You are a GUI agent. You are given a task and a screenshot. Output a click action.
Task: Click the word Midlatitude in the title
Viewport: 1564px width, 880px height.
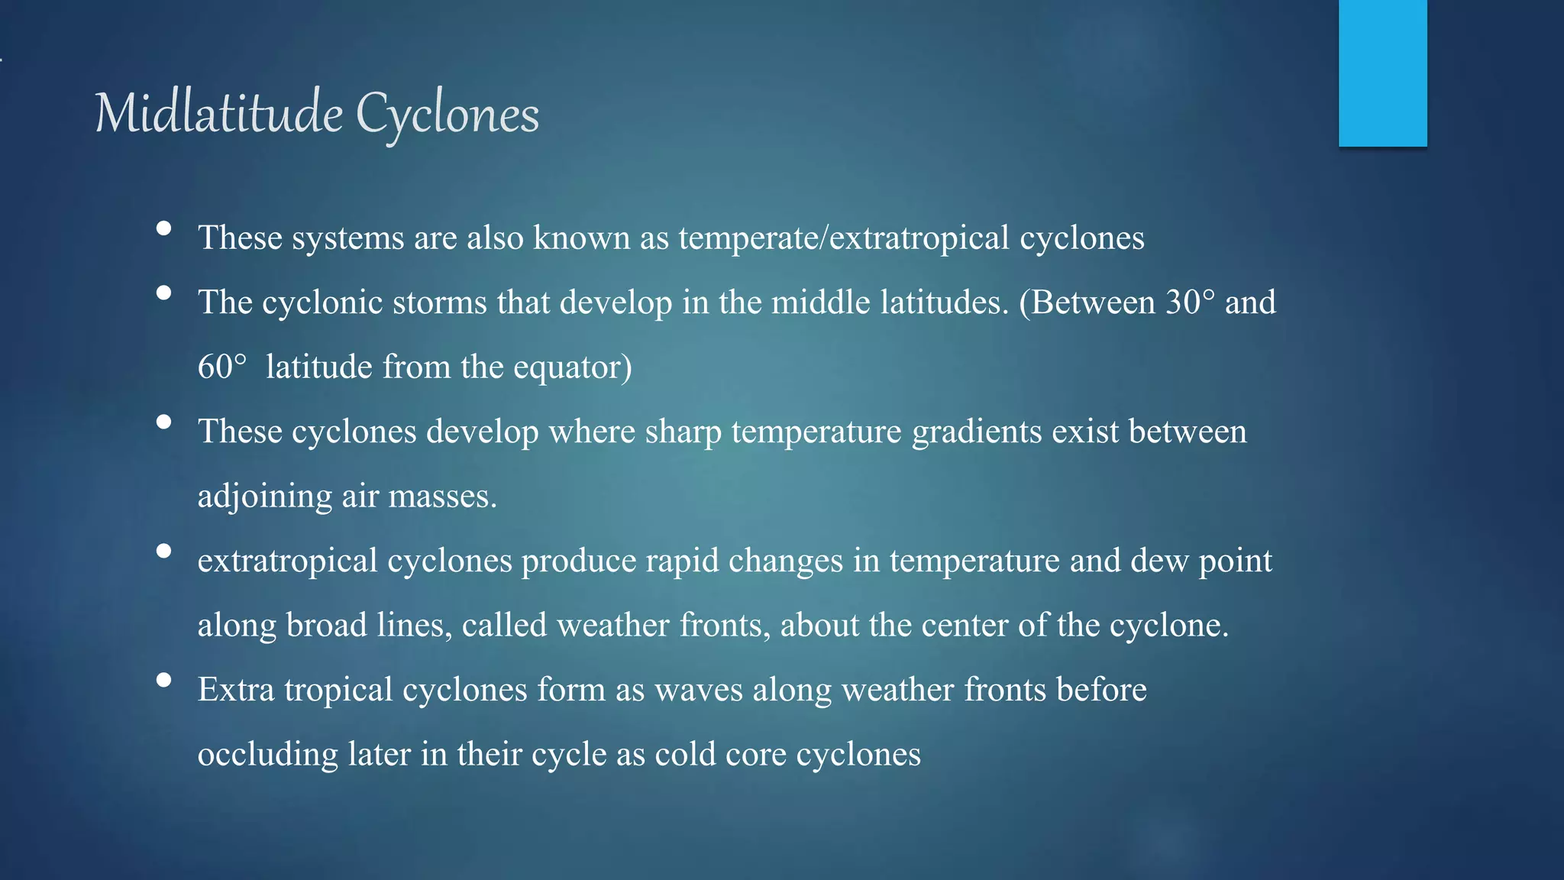pos(218,114)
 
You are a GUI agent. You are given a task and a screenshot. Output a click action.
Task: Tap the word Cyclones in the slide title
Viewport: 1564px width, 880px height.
pos(448,114)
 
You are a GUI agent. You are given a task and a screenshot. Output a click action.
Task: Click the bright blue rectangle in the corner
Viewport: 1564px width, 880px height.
pos(1382,73)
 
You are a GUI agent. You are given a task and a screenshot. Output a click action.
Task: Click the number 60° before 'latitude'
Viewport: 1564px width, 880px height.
pos(222,367)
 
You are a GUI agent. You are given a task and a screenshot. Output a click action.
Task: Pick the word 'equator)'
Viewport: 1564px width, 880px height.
pos(572,367)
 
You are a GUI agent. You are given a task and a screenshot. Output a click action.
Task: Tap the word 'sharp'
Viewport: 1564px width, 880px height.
pos(683,432)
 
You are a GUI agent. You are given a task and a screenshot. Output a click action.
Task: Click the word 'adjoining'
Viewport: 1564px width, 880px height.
pos(264,497)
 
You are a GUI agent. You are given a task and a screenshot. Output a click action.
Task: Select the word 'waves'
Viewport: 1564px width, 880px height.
pos(698,690)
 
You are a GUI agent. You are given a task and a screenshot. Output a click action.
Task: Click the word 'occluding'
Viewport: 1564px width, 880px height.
pos(267,755)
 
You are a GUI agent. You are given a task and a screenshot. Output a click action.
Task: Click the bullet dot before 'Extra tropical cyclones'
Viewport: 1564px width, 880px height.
pos(163,680)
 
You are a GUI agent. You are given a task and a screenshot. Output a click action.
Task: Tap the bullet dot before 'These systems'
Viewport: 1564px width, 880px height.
pos(163,228)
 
